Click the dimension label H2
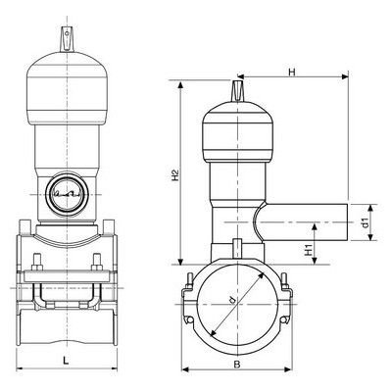[x=175, y=174]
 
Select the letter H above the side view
[x=292, y=72]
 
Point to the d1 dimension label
[x=366, y=222]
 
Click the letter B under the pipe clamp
[x=237, y=365]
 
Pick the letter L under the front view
[x=66, y=361]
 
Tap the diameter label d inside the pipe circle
[x=232, y=300]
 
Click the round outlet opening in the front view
[x=68, y=195]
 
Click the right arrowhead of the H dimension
[x=345, y=76]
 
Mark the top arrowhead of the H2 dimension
[x=180, y=84]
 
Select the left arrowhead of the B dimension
[x=185, y=369]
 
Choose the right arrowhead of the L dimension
[x=114, y=368]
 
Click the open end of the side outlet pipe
[x=347, y=222]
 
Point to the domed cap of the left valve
[x=68, y=88]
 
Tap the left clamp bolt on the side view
[x=188, y=281]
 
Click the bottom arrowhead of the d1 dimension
[x=370, y=237]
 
